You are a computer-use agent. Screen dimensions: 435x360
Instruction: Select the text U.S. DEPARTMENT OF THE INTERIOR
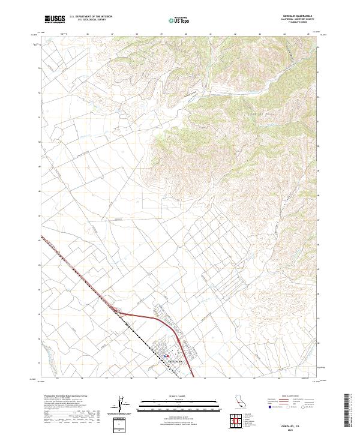pos(91,17)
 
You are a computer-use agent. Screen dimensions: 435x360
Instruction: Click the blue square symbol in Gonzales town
pos(166,355)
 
